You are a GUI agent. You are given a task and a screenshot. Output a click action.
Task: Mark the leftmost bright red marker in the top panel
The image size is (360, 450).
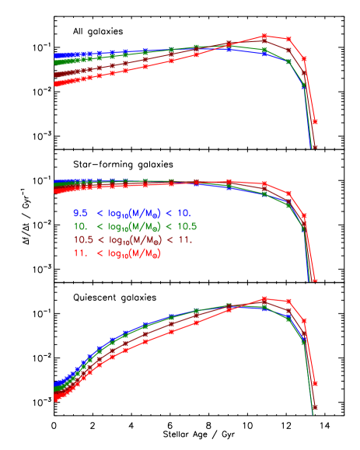click(x=56, y=84)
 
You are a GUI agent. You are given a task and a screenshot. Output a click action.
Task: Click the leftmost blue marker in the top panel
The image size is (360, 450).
click(x=56, y=56)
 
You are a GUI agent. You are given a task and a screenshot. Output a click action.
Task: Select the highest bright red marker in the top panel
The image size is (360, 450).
click(x=264, y=36)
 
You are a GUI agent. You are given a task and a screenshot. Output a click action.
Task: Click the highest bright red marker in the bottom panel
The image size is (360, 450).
click(x=264, y=298)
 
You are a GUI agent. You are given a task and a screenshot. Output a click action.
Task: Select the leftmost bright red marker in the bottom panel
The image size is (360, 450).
click(x=56, y=399)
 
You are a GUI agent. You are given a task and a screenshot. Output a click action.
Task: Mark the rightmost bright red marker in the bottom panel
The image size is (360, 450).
click(x=315, y=383)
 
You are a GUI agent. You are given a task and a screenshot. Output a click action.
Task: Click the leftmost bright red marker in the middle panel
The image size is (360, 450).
click(x=56, y=187)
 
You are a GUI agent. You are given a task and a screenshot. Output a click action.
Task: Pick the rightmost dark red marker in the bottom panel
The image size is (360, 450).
click(x=315, y=406)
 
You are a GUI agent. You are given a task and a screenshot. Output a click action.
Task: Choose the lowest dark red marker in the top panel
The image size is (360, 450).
click(x=315, y=145)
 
